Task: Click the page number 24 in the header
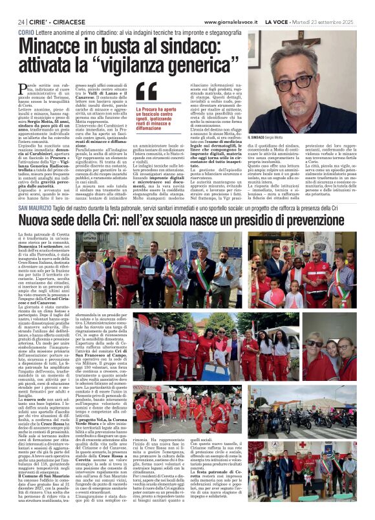click(x=21, y=22)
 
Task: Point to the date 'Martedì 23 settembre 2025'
click(x=336, y=22)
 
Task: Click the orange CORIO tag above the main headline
click(x=27, y=32)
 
